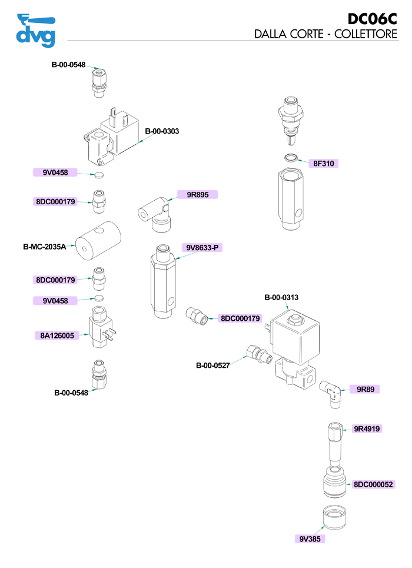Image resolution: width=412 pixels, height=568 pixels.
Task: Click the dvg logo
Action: tap(36, 30)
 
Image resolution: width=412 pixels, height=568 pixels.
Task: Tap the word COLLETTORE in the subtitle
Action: tap(366, 34)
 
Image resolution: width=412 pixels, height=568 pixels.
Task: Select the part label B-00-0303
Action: tap(162, 131)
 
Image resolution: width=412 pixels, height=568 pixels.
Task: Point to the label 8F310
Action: tap(324, 163)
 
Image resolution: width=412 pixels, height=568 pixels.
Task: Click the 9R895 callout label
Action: tap(198, 194)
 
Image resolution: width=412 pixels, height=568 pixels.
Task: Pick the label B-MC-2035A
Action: tap(45, 247)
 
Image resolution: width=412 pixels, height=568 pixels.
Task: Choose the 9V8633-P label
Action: tap(202, 248)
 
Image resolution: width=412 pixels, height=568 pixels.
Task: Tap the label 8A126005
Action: tap(57, 336)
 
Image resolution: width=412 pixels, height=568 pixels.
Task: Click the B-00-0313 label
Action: tap(281, 297)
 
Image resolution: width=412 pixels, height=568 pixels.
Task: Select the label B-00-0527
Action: tap(213, 366)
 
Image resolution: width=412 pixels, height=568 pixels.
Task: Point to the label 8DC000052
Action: tap(374, 484)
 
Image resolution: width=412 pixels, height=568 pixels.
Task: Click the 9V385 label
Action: tap(310, 539)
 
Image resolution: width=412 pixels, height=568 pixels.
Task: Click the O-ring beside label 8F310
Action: tap(291, 158)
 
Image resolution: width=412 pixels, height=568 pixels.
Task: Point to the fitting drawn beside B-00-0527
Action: tap(257, 354)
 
